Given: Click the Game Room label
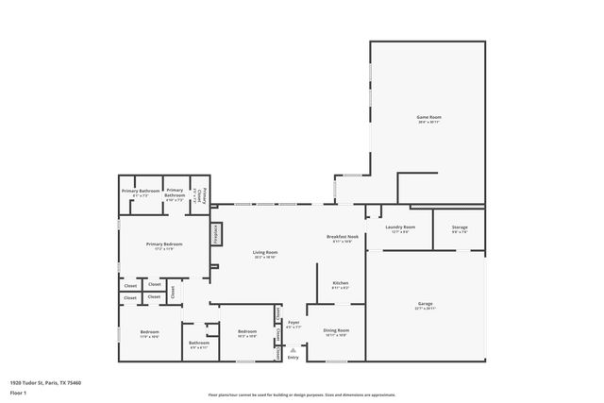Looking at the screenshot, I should click(429, 117).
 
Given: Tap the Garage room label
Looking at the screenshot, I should click(425, 304).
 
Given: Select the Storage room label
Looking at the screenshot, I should click(459, 227).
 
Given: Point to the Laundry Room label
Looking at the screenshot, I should click(401, 227).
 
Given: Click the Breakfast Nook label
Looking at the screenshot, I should click(342, 237).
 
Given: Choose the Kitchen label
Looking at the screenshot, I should click(341, 283).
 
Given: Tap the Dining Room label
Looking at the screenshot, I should click(336, 331).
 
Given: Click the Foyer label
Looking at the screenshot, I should click(294, 323).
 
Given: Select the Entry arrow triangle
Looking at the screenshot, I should click(293, 349).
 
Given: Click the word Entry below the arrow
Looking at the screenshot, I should click(293, 357).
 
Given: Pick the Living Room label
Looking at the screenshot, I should click(264, 253).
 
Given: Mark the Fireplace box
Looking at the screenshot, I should click(215, 233).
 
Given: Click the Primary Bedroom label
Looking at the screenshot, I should click(163, 244).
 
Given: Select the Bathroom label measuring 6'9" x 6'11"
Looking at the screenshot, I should click(198, 344).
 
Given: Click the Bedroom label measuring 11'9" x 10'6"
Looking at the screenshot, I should click(149, 332).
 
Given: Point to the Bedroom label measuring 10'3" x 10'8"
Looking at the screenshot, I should click(247, 332).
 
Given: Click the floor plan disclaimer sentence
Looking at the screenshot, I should click(302, 394).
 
